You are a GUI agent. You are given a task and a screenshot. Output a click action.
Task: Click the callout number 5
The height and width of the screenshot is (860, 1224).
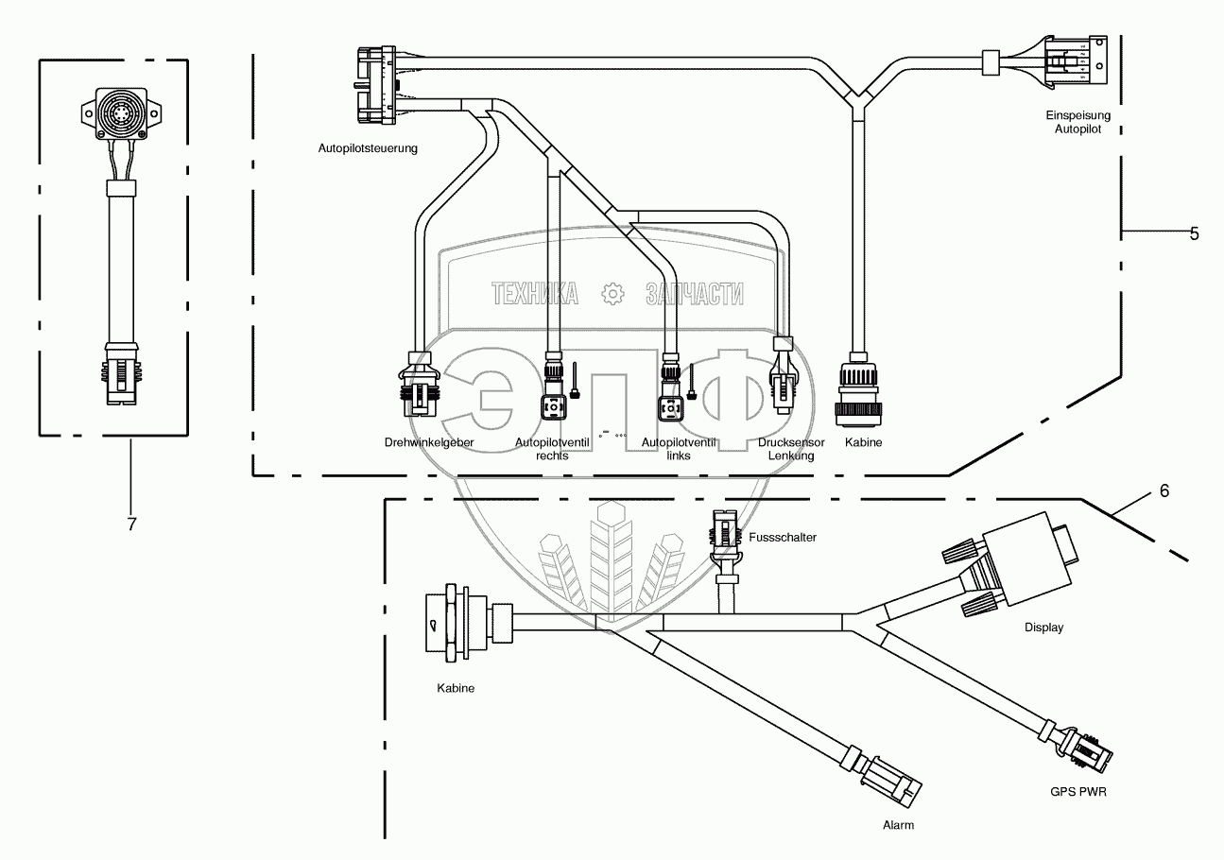tap(1194, 233)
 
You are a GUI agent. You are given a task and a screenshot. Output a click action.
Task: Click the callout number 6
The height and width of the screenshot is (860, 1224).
tap(1164, 490)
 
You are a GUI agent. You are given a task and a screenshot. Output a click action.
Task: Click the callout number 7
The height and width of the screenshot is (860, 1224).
tap(131, 525)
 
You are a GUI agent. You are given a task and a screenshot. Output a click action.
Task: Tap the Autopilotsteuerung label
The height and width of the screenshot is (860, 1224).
tap(368, 148)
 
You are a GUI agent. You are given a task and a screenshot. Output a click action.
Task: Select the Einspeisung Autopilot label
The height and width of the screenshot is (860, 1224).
tap(1077, 122)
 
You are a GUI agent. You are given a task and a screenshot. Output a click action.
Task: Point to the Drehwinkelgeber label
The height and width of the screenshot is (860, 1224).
tap(428, 442)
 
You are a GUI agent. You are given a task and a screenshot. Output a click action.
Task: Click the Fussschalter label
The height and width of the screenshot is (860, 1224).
tap(781, 537)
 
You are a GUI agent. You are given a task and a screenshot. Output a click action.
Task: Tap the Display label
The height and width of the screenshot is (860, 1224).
tap(1043, 628)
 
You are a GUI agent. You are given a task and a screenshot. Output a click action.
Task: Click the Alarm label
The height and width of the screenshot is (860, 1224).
tap(899, 824)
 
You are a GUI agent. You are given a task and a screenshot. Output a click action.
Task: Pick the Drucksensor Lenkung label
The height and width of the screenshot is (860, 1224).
tap(792, 449)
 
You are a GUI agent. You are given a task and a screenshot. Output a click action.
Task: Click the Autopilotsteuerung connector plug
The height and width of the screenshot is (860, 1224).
tap(375, 85)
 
